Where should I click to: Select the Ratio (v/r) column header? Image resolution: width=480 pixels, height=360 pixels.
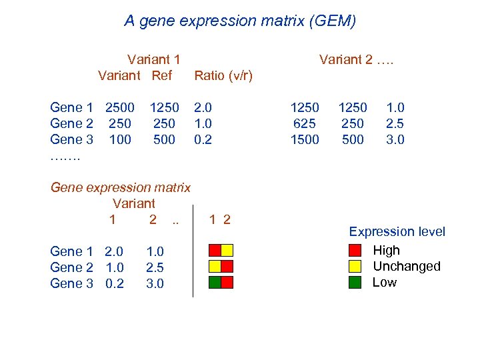click(223, 75)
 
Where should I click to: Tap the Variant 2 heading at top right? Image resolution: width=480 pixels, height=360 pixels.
click(356, 59)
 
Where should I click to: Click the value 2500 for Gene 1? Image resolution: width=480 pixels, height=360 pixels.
click(120, 107)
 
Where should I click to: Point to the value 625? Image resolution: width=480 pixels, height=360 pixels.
click(305, 123)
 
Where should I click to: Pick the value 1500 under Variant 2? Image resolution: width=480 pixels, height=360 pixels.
click(305, 139)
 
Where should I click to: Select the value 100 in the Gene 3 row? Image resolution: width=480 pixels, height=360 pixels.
click(120, 139)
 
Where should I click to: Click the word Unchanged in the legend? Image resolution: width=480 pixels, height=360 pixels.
click(407, 267)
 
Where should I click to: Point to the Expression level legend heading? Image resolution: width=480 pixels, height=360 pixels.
click(397, 232)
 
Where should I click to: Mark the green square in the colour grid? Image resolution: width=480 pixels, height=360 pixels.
click(215, 282)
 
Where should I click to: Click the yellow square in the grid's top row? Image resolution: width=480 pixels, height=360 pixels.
click(227, 251)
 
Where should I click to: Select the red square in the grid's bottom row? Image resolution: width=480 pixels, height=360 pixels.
click(227, 282)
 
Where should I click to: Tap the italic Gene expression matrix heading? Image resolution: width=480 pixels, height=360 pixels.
click(121, 188)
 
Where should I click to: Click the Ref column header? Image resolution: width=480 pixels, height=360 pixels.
click(162, 75)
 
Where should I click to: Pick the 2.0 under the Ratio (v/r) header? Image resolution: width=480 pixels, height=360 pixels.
click(203, 107)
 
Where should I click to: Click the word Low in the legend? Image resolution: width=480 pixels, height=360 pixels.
click(385, 283)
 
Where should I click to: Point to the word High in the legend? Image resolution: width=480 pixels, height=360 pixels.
click(387, 251)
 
